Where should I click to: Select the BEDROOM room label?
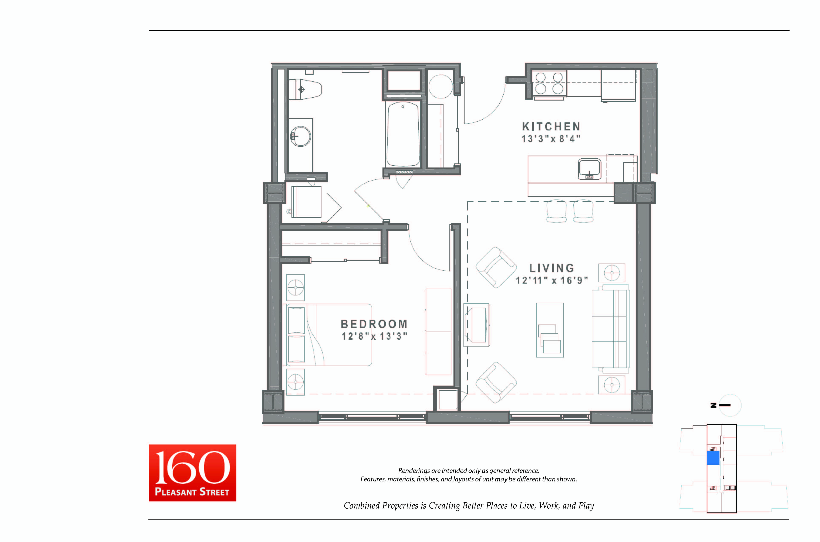point(374,324)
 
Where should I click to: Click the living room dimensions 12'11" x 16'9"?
point(552,280)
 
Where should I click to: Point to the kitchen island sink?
point(589,169)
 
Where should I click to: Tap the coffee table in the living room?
point(550,330)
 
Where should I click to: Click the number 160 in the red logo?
point(192,467)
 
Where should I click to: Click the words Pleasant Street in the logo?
point(192,492)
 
